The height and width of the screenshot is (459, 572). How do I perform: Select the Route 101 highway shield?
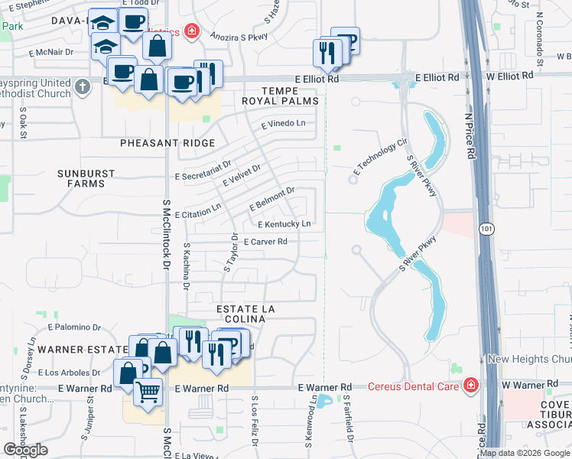coord(487,229)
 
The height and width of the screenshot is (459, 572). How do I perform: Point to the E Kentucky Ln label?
coord(284,224)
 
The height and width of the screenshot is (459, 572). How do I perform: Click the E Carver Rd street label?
coord(265,242)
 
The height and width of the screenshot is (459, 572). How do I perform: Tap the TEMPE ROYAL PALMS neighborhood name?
coord(278,95)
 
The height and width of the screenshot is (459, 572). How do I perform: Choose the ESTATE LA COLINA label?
coord(245,308)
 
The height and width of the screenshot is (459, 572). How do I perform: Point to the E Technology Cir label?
coord(379,155)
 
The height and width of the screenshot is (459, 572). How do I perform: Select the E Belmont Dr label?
coord(272,199)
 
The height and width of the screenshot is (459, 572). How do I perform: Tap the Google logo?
coord(26,450)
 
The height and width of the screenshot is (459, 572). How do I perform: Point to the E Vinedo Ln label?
coord(283,123)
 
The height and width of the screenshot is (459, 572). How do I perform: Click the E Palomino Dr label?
coord(74,327)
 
